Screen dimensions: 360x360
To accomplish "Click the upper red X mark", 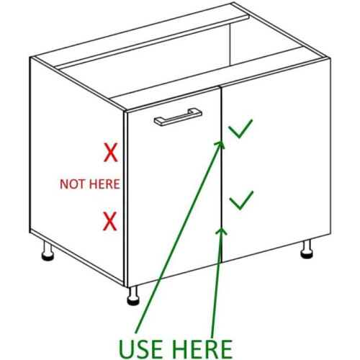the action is pos(111,153).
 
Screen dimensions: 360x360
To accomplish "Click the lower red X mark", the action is pos(110,221).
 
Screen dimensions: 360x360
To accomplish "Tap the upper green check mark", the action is pos(240,129).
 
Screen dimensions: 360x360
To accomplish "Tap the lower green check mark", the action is pos(241,200).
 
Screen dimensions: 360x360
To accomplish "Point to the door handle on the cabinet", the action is pos(178,117).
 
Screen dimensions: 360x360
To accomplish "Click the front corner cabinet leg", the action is pos(133,296).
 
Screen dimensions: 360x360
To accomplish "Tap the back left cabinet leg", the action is pos(48,251).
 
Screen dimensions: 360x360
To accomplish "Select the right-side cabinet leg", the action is pos(307,249).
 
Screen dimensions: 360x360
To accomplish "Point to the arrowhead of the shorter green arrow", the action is pos(222,230).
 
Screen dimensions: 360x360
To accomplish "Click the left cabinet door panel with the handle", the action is pos(174,187).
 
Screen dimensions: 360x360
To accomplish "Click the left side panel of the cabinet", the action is pos(77,168).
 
